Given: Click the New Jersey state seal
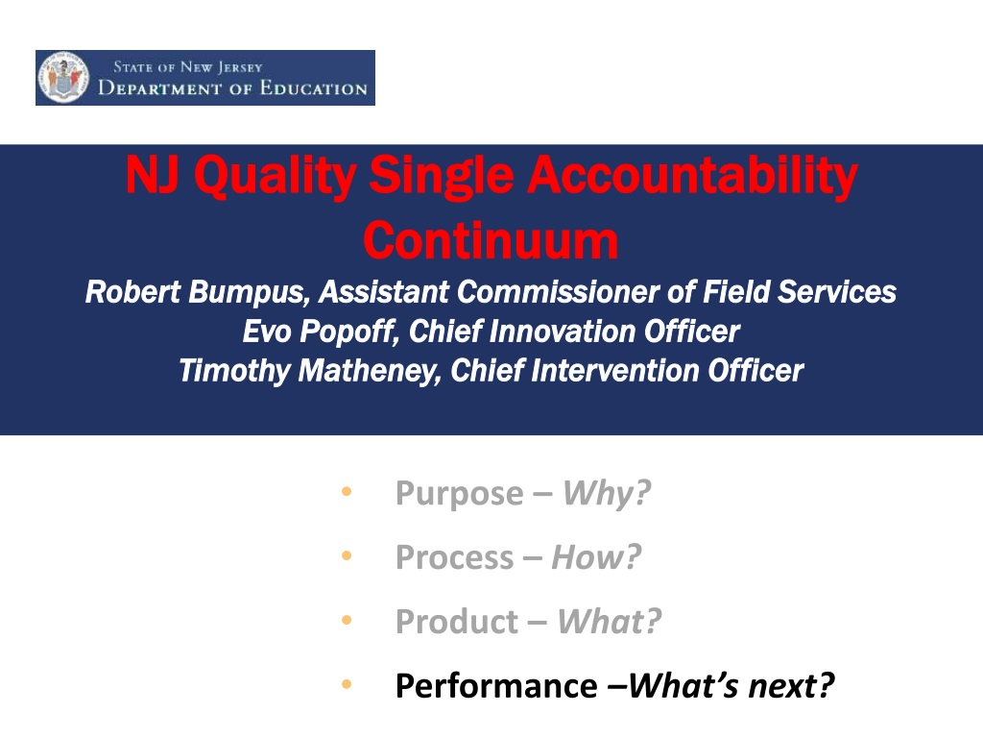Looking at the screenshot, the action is (62, 77).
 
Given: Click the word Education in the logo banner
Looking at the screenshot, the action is (314, 87).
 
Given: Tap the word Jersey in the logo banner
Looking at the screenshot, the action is (240, 67).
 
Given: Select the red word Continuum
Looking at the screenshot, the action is (491, 240).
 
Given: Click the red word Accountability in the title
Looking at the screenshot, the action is (692, 176).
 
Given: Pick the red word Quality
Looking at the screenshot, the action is (276, 177).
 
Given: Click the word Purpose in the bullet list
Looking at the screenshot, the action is (460, 494).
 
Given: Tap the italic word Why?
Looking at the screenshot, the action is (607, 493).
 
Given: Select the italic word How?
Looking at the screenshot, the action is (596, 556).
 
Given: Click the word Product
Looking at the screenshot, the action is (457, 622).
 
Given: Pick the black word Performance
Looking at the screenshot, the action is (496, 686).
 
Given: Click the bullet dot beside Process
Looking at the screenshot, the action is (347, 556).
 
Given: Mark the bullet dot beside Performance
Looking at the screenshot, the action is (347, 684).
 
